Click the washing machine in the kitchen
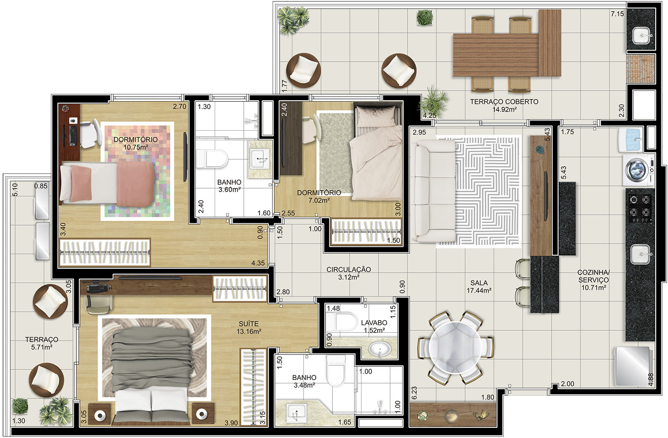639,170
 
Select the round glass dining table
455,347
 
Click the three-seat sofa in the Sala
433,191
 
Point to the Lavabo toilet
342,321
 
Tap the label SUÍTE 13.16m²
249,328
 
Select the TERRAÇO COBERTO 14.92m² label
504,106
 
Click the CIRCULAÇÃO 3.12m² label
349,273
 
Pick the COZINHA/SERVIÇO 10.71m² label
593,280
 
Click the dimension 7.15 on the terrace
617,14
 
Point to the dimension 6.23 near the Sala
414,393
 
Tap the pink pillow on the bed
81,184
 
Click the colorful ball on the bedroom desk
65,108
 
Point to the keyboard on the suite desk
97,288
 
